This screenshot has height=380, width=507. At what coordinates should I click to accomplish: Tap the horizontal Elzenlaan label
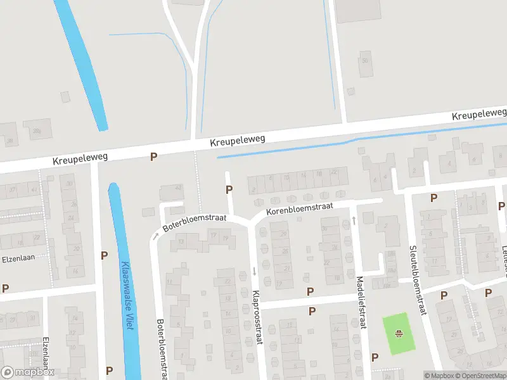[25, 258]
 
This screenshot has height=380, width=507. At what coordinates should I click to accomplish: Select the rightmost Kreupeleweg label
[479, 114]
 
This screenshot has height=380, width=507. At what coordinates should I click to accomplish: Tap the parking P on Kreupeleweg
[153, 156]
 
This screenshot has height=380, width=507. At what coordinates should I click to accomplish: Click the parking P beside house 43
[229, 189]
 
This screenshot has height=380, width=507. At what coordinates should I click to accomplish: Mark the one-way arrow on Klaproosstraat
[254, 271]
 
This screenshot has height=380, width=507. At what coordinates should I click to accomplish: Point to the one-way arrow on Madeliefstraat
[354, 220]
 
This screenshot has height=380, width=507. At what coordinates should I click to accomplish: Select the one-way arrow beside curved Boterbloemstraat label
[155, 236]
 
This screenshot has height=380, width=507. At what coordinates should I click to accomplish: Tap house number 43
[178, 187]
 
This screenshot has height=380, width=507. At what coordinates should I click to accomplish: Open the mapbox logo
[28, 372]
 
